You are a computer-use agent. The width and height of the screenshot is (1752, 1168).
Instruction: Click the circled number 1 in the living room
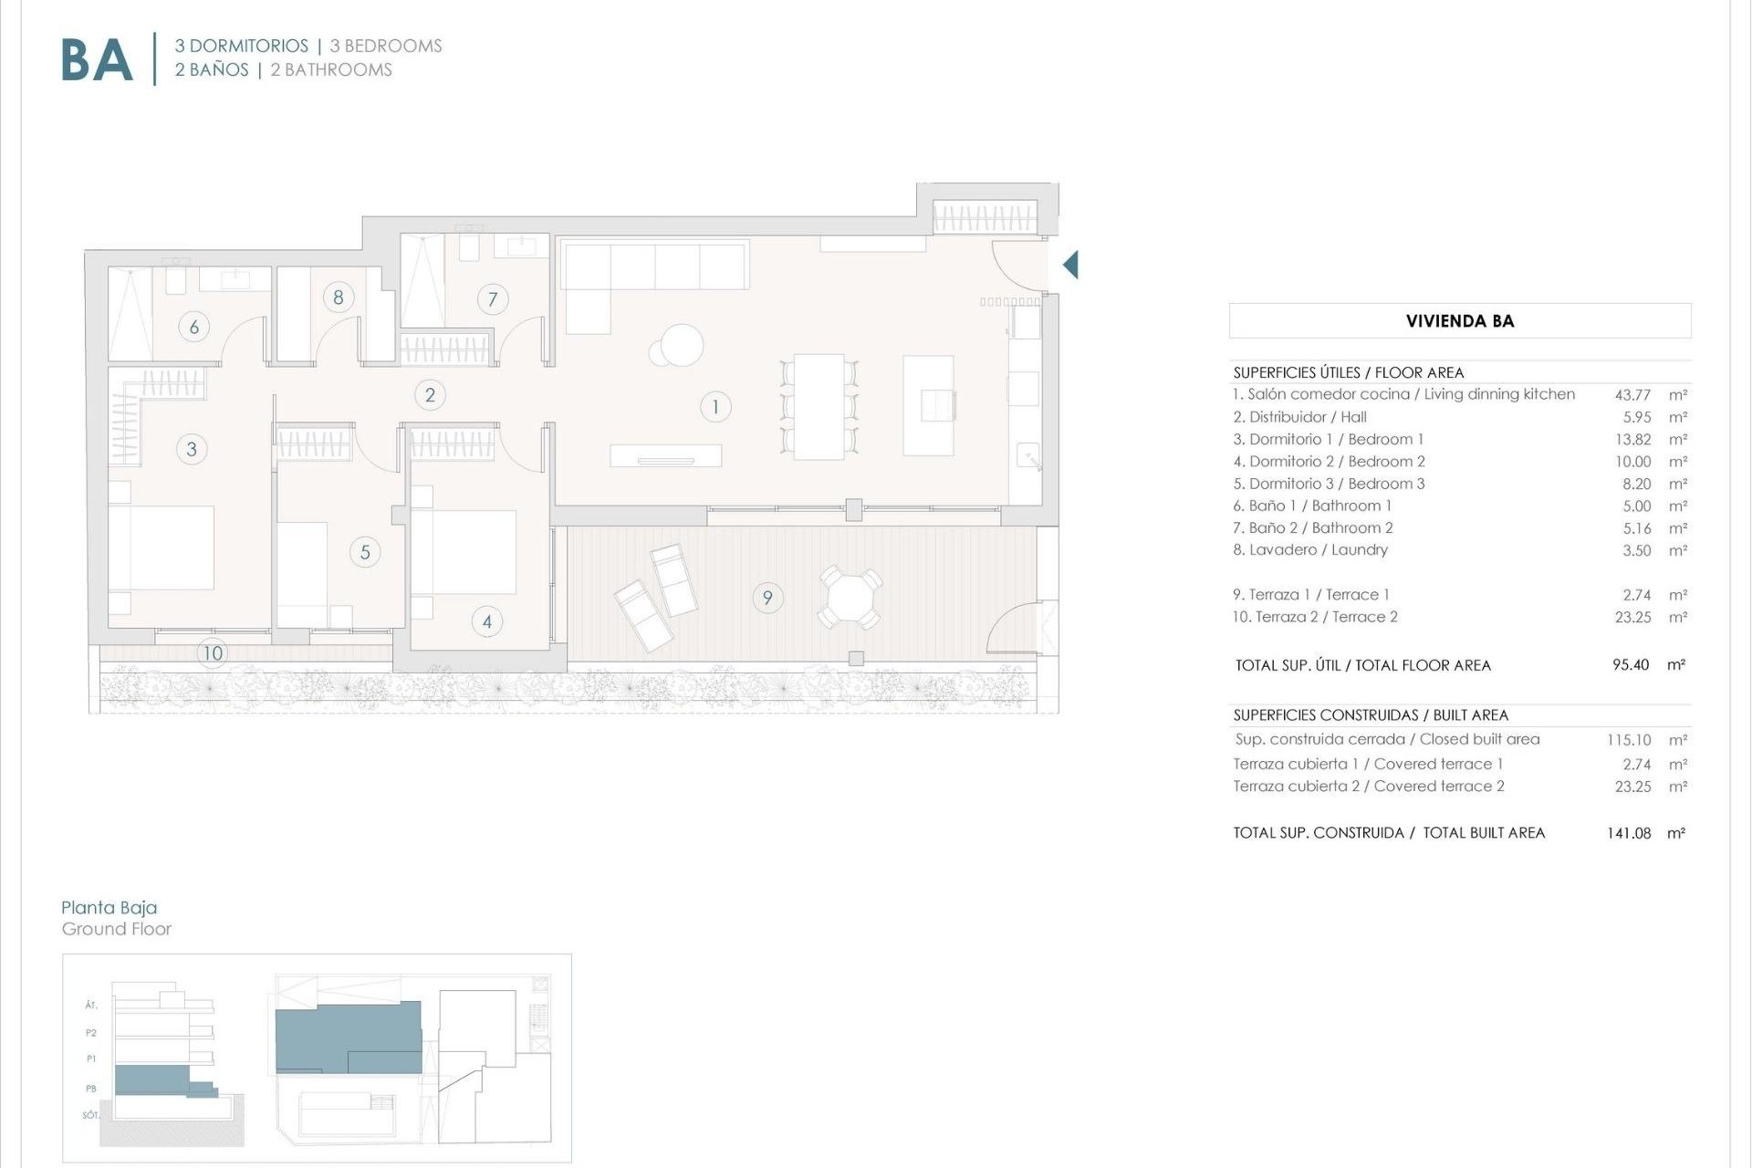[x=715, y=407]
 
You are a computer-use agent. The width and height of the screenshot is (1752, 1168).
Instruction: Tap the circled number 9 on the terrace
[x=767, y=598]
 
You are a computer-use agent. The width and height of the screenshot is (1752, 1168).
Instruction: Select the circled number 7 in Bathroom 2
[x=493, y=298]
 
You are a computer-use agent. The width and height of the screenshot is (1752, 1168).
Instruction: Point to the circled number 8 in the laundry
[x=339, y=297]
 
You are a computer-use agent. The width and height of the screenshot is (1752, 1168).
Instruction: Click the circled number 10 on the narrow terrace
[x=213, y=652]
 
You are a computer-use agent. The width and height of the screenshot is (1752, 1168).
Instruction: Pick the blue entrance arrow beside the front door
[x=1071, y=265]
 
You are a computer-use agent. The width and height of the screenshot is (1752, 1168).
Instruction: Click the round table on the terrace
[x=850, y=598]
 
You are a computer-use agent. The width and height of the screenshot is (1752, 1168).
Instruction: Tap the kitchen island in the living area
[x=929, y=405]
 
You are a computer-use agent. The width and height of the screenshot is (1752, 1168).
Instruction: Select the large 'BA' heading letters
[x=97, y=60]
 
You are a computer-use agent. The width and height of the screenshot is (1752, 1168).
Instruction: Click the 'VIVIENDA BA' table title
[x=1460, y=321]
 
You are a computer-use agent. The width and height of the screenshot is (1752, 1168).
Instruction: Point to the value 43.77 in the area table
[x=1632, y=395]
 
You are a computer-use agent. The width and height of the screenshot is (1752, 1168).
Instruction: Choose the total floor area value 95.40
[x=1631, y=665]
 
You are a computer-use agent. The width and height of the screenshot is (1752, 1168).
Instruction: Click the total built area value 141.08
[x=1629, y=833]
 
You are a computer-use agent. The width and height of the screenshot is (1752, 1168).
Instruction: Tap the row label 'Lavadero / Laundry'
[x=1310, y=550]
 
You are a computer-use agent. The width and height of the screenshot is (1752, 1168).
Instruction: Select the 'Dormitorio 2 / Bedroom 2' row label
[x=1329, y=462]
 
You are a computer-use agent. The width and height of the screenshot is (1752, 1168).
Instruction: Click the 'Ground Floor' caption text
[x=117, y=929]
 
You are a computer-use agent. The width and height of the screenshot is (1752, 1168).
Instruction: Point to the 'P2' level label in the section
[x=91, y=1033]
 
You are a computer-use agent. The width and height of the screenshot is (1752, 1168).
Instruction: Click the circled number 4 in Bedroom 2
[x=487, y=622]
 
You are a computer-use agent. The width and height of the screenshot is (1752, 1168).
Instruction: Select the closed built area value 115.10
[x=1629, y=740]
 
